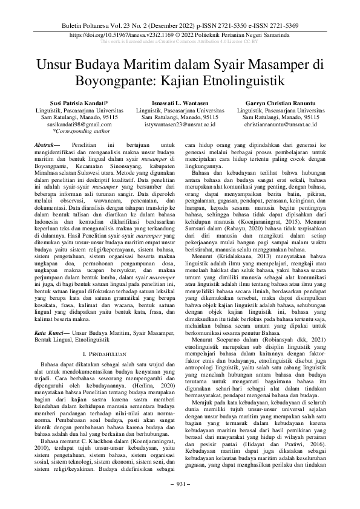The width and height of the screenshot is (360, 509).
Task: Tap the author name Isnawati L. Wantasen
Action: pos(180,104)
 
